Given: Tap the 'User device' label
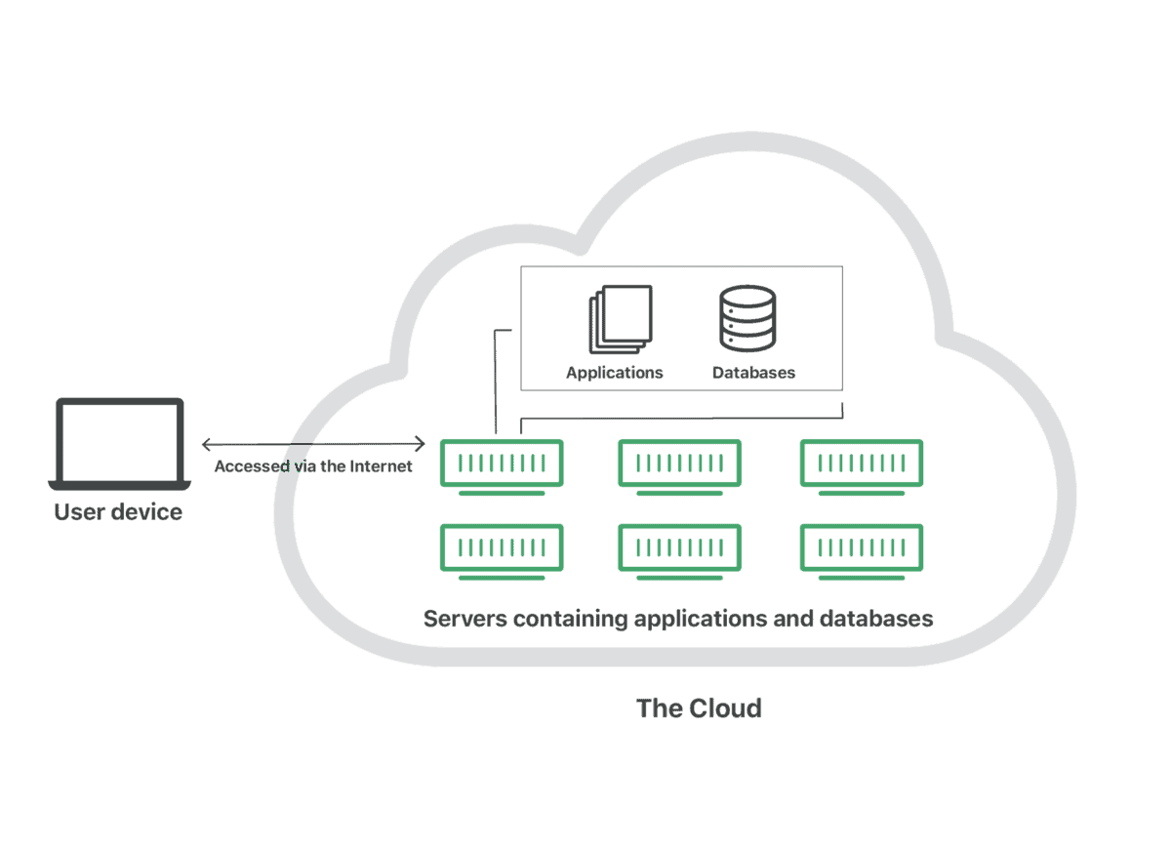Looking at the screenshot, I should [118, 512].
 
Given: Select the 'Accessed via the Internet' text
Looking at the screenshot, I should [313, 466].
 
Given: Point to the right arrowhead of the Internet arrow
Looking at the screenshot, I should [422, 445].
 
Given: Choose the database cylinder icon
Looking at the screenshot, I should [747, 318].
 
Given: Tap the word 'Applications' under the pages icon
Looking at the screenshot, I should [615, 373].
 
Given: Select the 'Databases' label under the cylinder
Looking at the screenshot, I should [753, 373].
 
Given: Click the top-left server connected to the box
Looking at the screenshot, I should [502, 463].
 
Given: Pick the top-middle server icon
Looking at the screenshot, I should [679, 463].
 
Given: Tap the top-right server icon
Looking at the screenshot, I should [862, 463].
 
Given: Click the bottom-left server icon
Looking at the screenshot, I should [502, 547].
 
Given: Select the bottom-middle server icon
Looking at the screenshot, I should [679, 547].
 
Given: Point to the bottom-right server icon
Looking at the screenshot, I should [862, 547].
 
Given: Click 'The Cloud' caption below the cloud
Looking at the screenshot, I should [699, 707].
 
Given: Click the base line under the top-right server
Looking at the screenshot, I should [862, 494].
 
